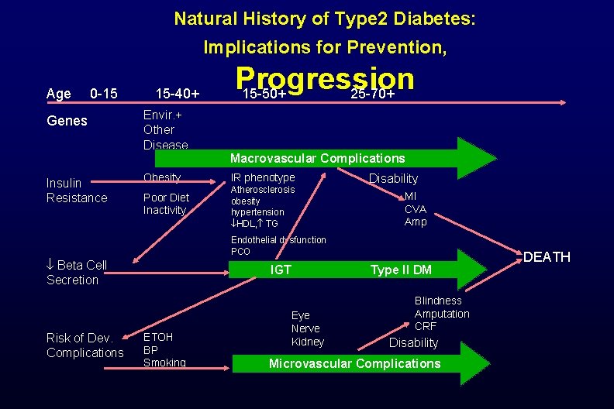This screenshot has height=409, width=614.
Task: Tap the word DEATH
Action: click(x=547, y=256)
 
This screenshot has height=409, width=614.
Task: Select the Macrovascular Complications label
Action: click(x=317, y=158)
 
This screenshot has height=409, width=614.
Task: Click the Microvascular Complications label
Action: click(x=354, y=363)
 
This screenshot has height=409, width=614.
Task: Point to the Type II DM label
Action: click(x=401, y=270)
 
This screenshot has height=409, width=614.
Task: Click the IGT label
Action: click(x=280, y=270)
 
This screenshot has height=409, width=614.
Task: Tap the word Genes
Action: click(x=67, y=121)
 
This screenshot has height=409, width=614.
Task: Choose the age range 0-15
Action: click(x=104, y=94)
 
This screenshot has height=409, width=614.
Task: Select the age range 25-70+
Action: click(x=373, y=95)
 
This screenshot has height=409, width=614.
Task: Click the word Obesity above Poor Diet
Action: click(x=162, y=178)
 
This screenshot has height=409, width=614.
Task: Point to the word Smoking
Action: click(x=164, y=363)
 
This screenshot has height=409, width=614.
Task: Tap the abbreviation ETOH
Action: click(x=158, y=337)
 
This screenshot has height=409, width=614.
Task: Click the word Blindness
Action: click(x=438, y=301)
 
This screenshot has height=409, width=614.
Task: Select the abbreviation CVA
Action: click(x=416, y=209)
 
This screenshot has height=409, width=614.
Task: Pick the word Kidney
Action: click(x=307, y=342)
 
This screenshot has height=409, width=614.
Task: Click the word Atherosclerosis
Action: click(x=263, y=190)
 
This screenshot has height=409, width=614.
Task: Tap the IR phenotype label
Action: click(x=263, y=178)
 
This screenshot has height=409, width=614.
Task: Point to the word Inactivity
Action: click(x=165, y=210)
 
